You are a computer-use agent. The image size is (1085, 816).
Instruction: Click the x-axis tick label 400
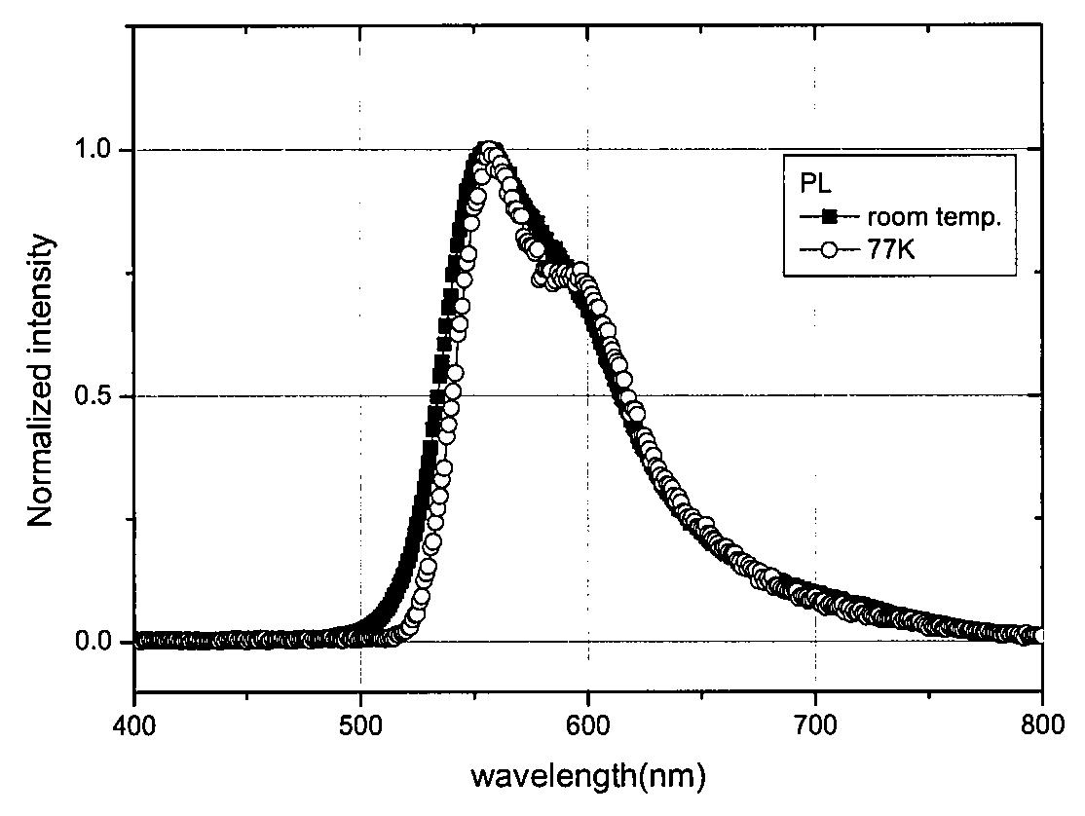click(x=134, y=726)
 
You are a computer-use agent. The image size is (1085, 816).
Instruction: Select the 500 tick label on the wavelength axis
click(x=360, y=726)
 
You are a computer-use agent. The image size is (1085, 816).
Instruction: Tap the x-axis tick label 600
click(x=587, y=726)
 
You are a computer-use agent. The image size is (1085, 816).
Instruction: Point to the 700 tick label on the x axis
click(x=815, y=726)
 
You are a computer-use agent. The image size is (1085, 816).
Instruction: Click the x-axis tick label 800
click(x=1041, y=726)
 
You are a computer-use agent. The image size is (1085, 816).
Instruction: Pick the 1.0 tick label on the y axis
click(x=94, y=150)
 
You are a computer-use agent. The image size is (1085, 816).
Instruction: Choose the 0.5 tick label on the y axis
click(x=94, y=396)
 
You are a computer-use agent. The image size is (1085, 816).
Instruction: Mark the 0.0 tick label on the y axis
click(x=94, y=642)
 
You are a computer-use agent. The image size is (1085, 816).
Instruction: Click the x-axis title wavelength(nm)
click(x=589, y=776)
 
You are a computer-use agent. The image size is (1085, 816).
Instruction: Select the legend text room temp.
click(x=934, y=217)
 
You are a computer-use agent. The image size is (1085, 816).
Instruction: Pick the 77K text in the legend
click(x=890, y=249)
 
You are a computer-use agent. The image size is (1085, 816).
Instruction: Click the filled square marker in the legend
click(x=831, y=217)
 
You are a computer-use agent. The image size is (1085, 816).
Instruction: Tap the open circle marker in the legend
click(x=831, y=249)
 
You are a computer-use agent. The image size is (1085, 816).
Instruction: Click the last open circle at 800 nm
click(x=1038, y=636)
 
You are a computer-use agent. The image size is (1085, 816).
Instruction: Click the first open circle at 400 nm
click(x=139, y=641)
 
